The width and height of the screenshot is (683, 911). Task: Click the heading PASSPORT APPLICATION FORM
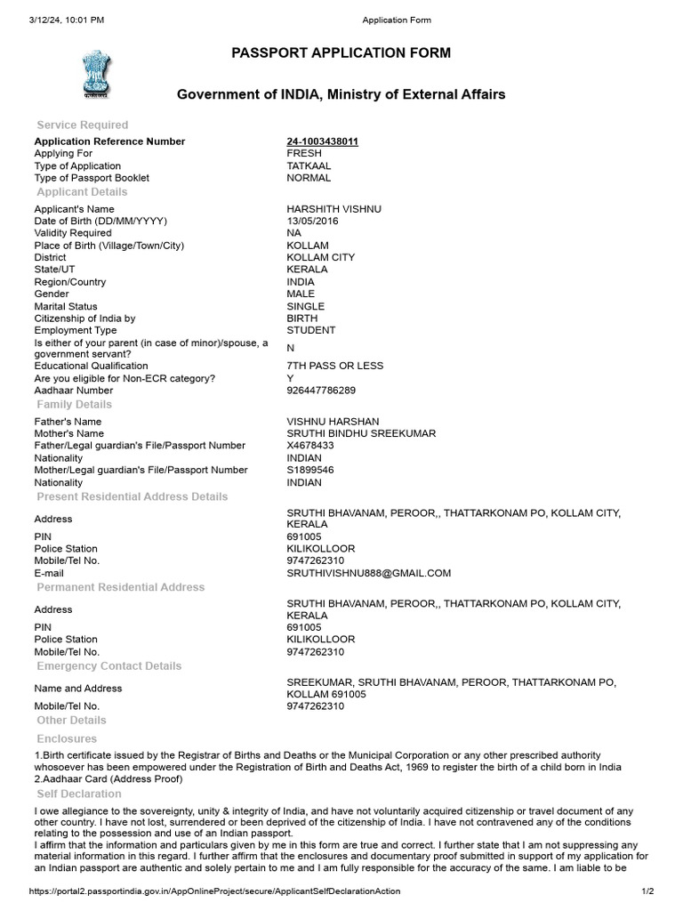click(x=341, y=53)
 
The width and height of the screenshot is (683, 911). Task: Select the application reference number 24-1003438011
click(x=322, y=141)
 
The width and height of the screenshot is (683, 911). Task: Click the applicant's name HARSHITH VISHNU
click(x=333, y=208)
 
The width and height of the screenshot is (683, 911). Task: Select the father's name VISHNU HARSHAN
click(x=333, y=422)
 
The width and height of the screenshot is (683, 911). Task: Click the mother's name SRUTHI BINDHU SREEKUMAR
click(x=361, y=433)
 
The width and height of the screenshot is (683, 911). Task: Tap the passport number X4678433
click(x=310, y=446)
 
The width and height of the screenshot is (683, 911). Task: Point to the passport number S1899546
click(x=310, y=470)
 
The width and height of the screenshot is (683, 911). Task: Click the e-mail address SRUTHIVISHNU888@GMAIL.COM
click(x=368, y=573)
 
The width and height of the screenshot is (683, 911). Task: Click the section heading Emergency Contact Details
click(x=108, y=666)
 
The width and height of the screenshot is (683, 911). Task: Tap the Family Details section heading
click(x=75, y=405)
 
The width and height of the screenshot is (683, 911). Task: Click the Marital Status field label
click(x=66, y=306)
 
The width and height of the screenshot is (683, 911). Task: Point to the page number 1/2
click(x=647, y=891)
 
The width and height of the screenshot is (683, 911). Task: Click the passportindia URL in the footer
click(x=214, y=891)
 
